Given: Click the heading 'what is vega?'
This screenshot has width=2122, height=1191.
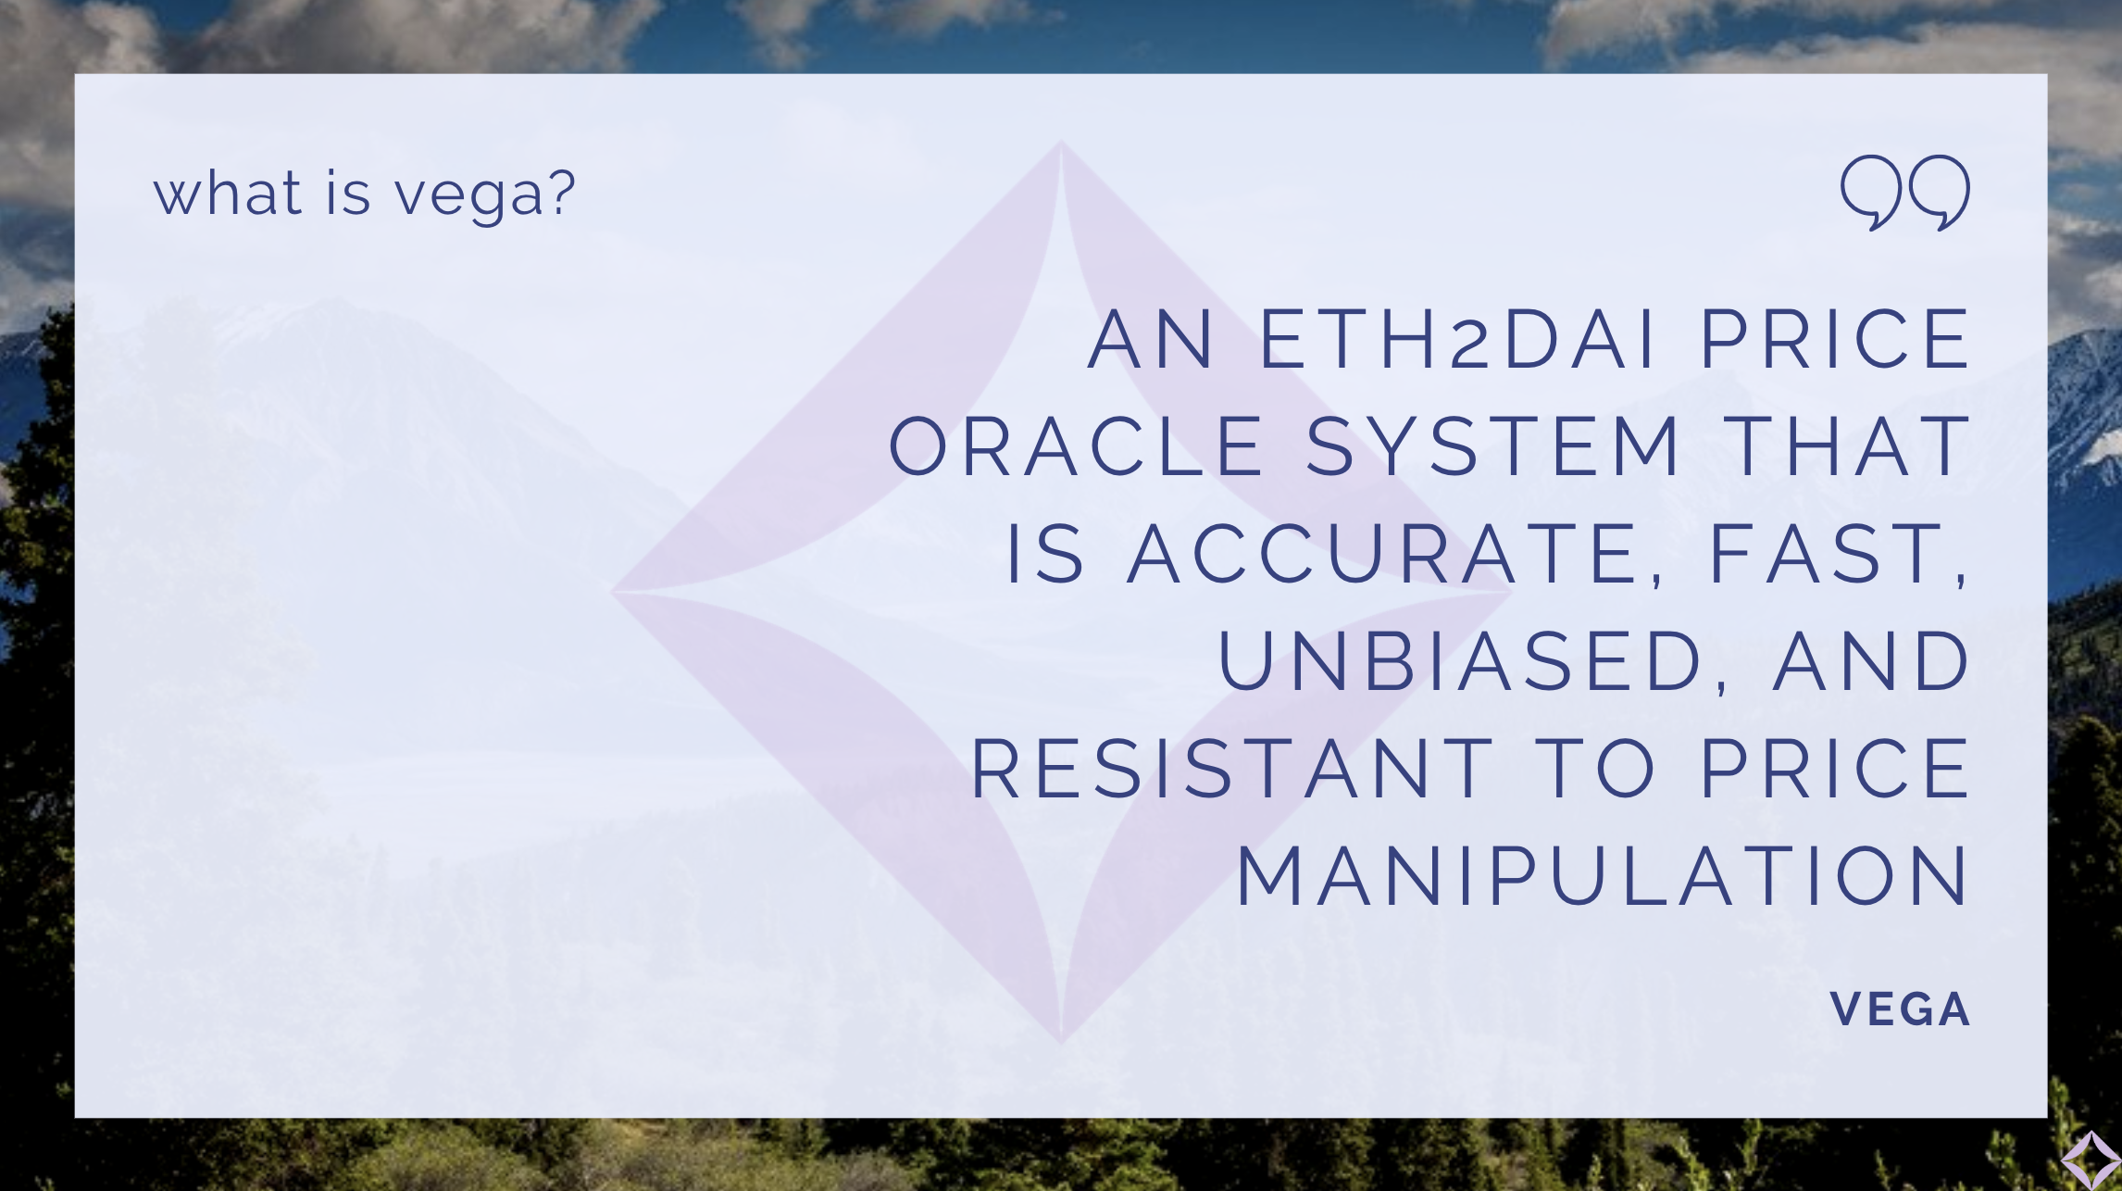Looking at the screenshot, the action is point(365,194).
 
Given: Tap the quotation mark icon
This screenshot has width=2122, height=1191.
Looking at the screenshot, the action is point(1905,193).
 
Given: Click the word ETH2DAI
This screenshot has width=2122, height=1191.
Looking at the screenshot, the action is point(1458,339).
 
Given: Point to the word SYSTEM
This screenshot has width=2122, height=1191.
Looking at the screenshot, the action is point(1492,446).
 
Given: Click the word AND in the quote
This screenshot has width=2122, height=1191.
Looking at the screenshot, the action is point(1871,661).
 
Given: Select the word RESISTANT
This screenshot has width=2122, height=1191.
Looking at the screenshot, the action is point(1231,769).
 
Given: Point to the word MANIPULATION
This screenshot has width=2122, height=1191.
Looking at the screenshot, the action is point(1604,876).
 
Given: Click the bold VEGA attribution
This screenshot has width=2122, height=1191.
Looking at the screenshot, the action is point(1900,1009).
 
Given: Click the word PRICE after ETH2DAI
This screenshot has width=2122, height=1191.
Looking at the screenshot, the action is point(1836,339).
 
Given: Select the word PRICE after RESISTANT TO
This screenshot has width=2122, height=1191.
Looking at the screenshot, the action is point(1836,769).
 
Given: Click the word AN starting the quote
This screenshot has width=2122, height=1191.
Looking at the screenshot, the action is point(1151,339).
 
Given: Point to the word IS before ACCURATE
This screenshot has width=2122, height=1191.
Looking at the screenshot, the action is point(1044,554).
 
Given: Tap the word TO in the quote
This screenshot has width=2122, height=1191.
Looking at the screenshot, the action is point(1597,769).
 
